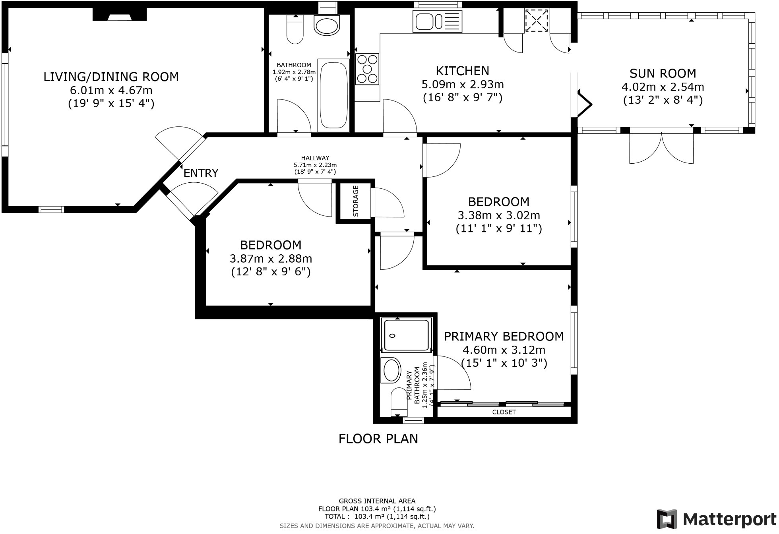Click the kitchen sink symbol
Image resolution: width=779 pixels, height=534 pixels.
[437, 21]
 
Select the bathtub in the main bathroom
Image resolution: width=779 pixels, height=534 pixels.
[333, 95]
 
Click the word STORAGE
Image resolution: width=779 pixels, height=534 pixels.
[355, 201]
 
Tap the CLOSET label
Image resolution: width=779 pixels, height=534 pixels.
[504, 412]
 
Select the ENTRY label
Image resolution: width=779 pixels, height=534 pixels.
[201, 173]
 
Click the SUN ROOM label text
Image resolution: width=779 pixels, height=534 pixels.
[663, 74]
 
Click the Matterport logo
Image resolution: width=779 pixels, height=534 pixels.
[716, 519]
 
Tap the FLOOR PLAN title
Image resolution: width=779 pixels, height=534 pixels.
[378, 439]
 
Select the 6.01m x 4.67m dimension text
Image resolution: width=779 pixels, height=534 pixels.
[111, 90]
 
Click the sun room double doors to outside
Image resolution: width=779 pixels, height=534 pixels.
[661, 148]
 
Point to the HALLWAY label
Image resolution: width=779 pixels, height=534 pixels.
[315, 158]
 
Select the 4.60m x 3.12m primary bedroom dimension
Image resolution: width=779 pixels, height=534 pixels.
[504, 350]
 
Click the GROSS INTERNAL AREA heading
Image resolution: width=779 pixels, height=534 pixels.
[377, 501]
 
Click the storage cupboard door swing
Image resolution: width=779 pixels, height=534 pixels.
[388, 203]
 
